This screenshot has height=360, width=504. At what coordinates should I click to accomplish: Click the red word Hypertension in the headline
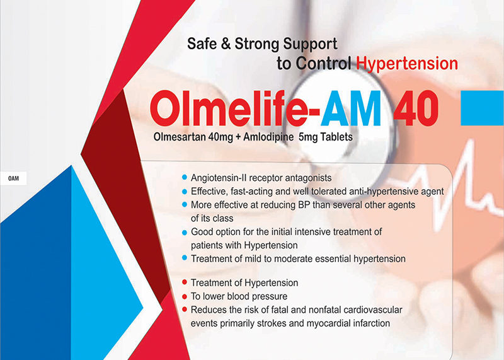(406, 64)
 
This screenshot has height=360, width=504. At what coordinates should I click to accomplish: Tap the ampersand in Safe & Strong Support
(226, 44)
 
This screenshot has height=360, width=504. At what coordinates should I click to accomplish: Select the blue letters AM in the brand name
(351, 108)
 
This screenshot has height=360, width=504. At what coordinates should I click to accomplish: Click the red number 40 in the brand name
(416, 108)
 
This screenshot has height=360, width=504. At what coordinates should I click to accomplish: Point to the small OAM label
(13, 178)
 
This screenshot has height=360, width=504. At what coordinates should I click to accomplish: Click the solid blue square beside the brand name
(482, 108)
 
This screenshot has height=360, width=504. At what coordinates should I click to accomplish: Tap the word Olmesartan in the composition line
(180, 137)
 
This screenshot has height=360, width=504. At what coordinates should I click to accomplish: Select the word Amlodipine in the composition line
(268, 137)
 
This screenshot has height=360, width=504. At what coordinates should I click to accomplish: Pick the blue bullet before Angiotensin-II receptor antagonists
(185, 177)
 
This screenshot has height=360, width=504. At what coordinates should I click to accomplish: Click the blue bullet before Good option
(185, 232)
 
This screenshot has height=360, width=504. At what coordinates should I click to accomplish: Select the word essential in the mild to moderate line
(330, 259)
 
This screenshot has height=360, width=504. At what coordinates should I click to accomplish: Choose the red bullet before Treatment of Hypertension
(185, 282)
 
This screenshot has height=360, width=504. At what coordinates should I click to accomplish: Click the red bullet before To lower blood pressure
(185, 296)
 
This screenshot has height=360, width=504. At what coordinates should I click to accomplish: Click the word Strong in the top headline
(257, 44)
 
